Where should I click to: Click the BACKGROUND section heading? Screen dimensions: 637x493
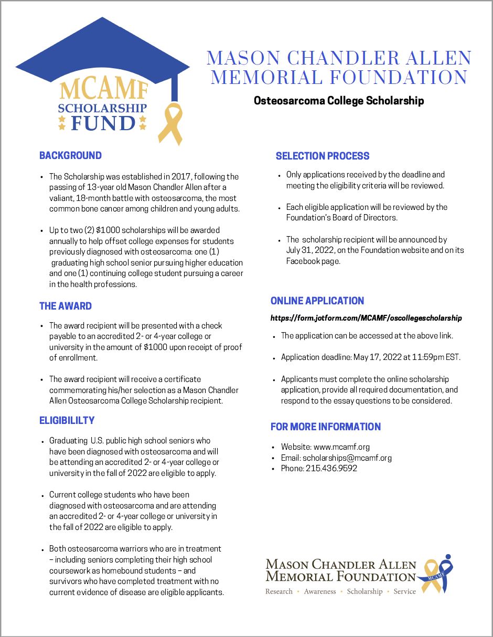[x=70, y=155]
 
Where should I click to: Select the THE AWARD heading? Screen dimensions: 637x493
[x=66, y=306]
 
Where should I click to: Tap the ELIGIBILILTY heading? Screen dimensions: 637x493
[x=67, y=420]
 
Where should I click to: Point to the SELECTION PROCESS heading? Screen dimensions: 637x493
[x=323, y=156]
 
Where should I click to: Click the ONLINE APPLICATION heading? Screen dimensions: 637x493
[x=317, y=301]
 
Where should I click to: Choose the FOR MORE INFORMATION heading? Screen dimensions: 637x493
[x=326, y=427]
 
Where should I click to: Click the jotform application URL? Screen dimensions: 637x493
[x=366, y=318]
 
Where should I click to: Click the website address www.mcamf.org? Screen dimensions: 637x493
[x=341, y=447]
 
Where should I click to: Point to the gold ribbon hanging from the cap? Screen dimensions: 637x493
[x=174, y=124]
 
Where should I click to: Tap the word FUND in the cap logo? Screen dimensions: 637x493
[x=103, y=124]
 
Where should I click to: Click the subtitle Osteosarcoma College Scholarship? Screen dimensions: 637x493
[x=339, y=100]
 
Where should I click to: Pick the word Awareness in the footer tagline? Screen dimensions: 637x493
[x=320, y=591]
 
